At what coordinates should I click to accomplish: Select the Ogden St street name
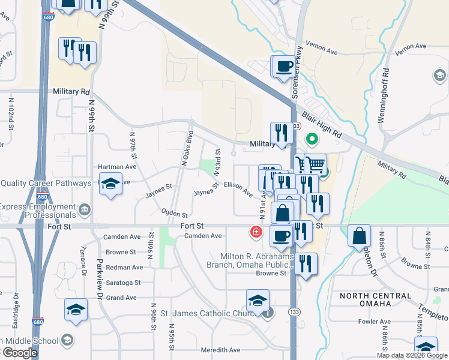coord(175,213)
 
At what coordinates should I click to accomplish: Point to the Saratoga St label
coord(123,283)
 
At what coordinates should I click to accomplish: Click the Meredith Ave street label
coord(220,350)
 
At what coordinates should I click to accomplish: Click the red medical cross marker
coord(256,232)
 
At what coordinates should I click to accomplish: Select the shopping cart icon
coord(315,164)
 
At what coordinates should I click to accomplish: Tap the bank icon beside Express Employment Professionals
coord(84,209)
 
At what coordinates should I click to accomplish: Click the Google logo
coord(19,353)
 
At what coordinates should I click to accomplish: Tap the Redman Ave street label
coord(124,267)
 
